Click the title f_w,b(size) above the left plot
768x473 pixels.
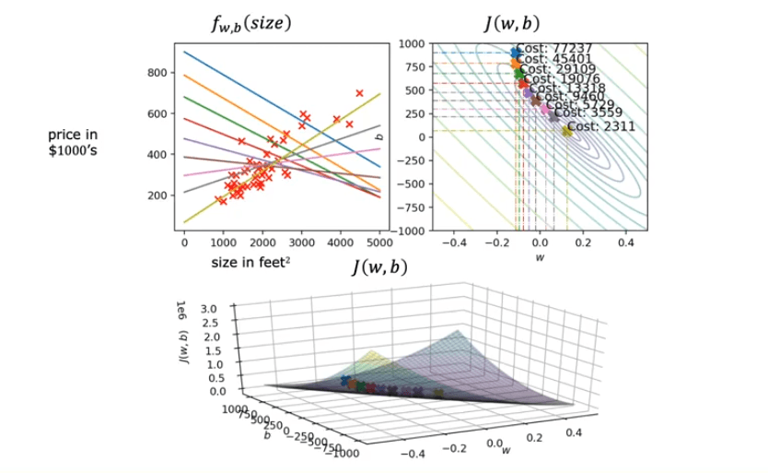pyautogui.click(x=250, y=25)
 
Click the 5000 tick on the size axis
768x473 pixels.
pyautogui.click(x=379, y=242)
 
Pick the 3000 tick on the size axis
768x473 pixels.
pyautogui.click(x=301, y=242)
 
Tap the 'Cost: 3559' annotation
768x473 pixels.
pyautogui.click(x=588, y=113)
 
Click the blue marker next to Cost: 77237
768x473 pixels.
pyautogui.click(x=515, y=53)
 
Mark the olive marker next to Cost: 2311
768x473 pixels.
pyautogui.click(x=566, y=131)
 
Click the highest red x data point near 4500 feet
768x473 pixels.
pyautogui.click(x=359, y=93)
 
